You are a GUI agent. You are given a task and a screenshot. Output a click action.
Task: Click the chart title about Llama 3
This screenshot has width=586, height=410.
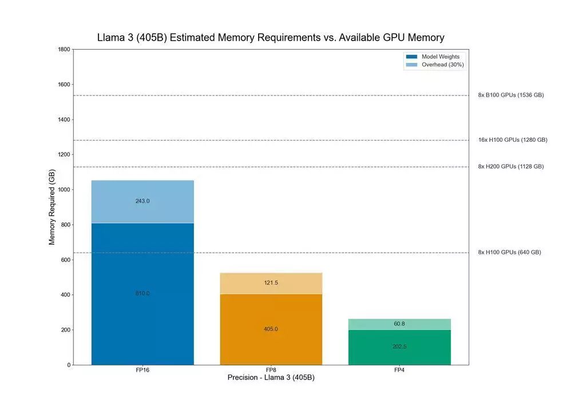271,38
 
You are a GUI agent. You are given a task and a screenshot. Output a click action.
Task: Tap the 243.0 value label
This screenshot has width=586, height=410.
142,201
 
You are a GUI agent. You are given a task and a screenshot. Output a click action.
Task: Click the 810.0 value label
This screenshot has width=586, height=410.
142,293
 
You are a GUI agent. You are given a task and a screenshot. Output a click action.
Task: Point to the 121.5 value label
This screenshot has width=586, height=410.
271,283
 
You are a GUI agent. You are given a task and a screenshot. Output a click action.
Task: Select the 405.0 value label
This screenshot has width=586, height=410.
271,329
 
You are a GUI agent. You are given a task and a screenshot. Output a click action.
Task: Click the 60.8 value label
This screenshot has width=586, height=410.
399,324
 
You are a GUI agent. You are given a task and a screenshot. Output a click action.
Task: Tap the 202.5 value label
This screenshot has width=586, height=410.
399,347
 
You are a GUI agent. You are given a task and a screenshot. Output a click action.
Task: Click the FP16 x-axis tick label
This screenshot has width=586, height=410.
142,371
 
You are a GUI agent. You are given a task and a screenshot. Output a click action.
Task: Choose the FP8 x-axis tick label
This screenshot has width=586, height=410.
271,371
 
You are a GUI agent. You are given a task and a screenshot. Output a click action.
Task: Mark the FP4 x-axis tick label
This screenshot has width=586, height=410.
399,371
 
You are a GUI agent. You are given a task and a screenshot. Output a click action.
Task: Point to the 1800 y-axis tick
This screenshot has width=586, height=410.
64,50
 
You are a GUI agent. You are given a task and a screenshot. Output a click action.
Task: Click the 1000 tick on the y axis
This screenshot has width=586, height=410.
64,190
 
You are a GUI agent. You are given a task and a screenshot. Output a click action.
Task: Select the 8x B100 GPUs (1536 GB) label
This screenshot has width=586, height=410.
511,95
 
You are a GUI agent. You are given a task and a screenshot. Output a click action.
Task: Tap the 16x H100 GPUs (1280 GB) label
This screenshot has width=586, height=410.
513,140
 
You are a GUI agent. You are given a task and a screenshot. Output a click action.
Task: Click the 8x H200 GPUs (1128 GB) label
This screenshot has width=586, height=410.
511,167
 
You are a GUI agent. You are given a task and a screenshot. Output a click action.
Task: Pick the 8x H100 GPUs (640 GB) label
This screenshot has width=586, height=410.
509,253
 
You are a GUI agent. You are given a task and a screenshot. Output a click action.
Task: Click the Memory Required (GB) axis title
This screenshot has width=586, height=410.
52,207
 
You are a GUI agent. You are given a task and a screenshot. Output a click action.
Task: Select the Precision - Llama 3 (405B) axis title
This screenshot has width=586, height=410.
271,378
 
